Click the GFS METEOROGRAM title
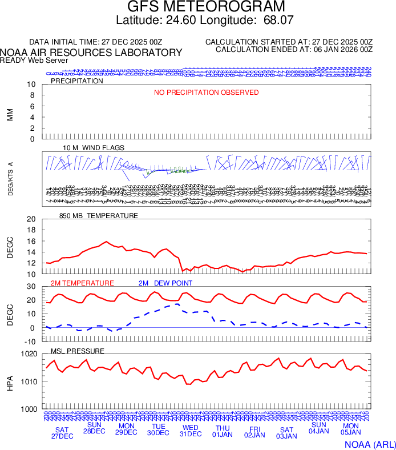206,7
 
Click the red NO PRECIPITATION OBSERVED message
207,93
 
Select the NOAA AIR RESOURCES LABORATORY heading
91,53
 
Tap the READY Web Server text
34,60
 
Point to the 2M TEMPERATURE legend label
82,283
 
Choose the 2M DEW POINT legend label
165,283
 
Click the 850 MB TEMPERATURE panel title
99,216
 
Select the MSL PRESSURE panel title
78,351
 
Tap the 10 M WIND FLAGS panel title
94,148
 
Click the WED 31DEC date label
191,431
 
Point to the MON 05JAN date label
350,429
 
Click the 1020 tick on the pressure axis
29,354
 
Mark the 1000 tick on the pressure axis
29,409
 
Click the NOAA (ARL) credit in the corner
369,443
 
